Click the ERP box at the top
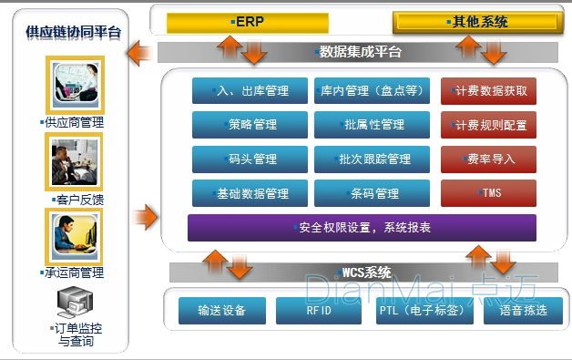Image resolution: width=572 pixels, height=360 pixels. coord(247,20)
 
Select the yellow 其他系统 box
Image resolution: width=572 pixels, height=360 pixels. coord(475,21)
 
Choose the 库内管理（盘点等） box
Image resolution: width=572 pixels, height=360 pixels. coord(371,91)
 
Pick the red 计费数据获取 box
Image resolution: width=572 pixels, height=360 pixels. coord(488,91)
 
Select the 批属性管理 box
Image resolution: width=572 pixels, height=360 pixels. coord(371,125)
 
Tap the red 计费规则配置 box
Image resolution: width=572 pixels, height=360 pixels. coord(488,125)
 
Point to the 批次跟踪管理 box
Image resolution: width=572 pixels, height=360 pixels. coord(371,159)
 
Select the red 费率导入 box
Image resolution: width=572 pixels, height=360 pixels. coord(488,159)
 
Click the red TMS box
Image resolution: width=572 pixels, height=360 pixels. coord(488,193)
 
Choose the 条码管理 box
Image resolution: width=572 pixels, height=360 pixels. coord(371,193)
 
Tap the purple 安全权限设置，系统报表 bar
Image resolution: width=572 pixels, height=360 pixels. coord(362,228)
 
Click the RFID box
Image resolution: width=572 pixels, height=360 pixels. coord(312,311)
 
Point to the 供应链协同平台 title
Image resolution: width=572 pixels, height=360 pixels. coord(73,34)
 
